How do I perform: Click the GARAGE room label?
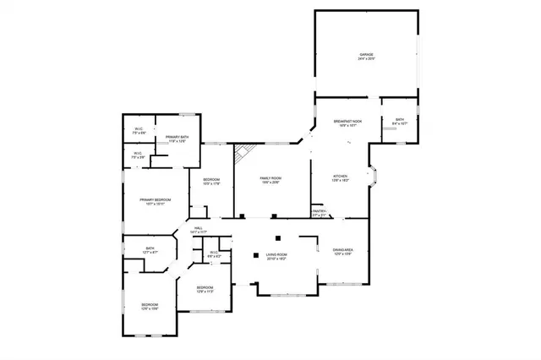365,55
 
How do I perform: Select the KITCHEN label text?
340,176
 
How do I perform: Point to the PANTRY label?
319,211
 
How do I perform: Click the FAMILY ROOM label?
270,178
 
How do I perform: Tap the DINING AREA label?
342,249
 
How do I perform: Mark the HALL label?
199,228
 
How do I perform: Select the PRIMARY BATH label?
177,137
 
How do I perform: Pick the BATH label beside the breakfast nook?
400,119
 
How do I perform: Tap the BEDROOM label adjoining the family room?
211,179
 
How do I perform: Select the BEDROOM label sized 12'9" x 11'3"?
205,287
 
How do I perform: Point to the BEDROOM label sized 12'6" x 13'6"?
149,304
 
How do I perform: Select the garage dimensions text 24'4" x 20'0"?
365,59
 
